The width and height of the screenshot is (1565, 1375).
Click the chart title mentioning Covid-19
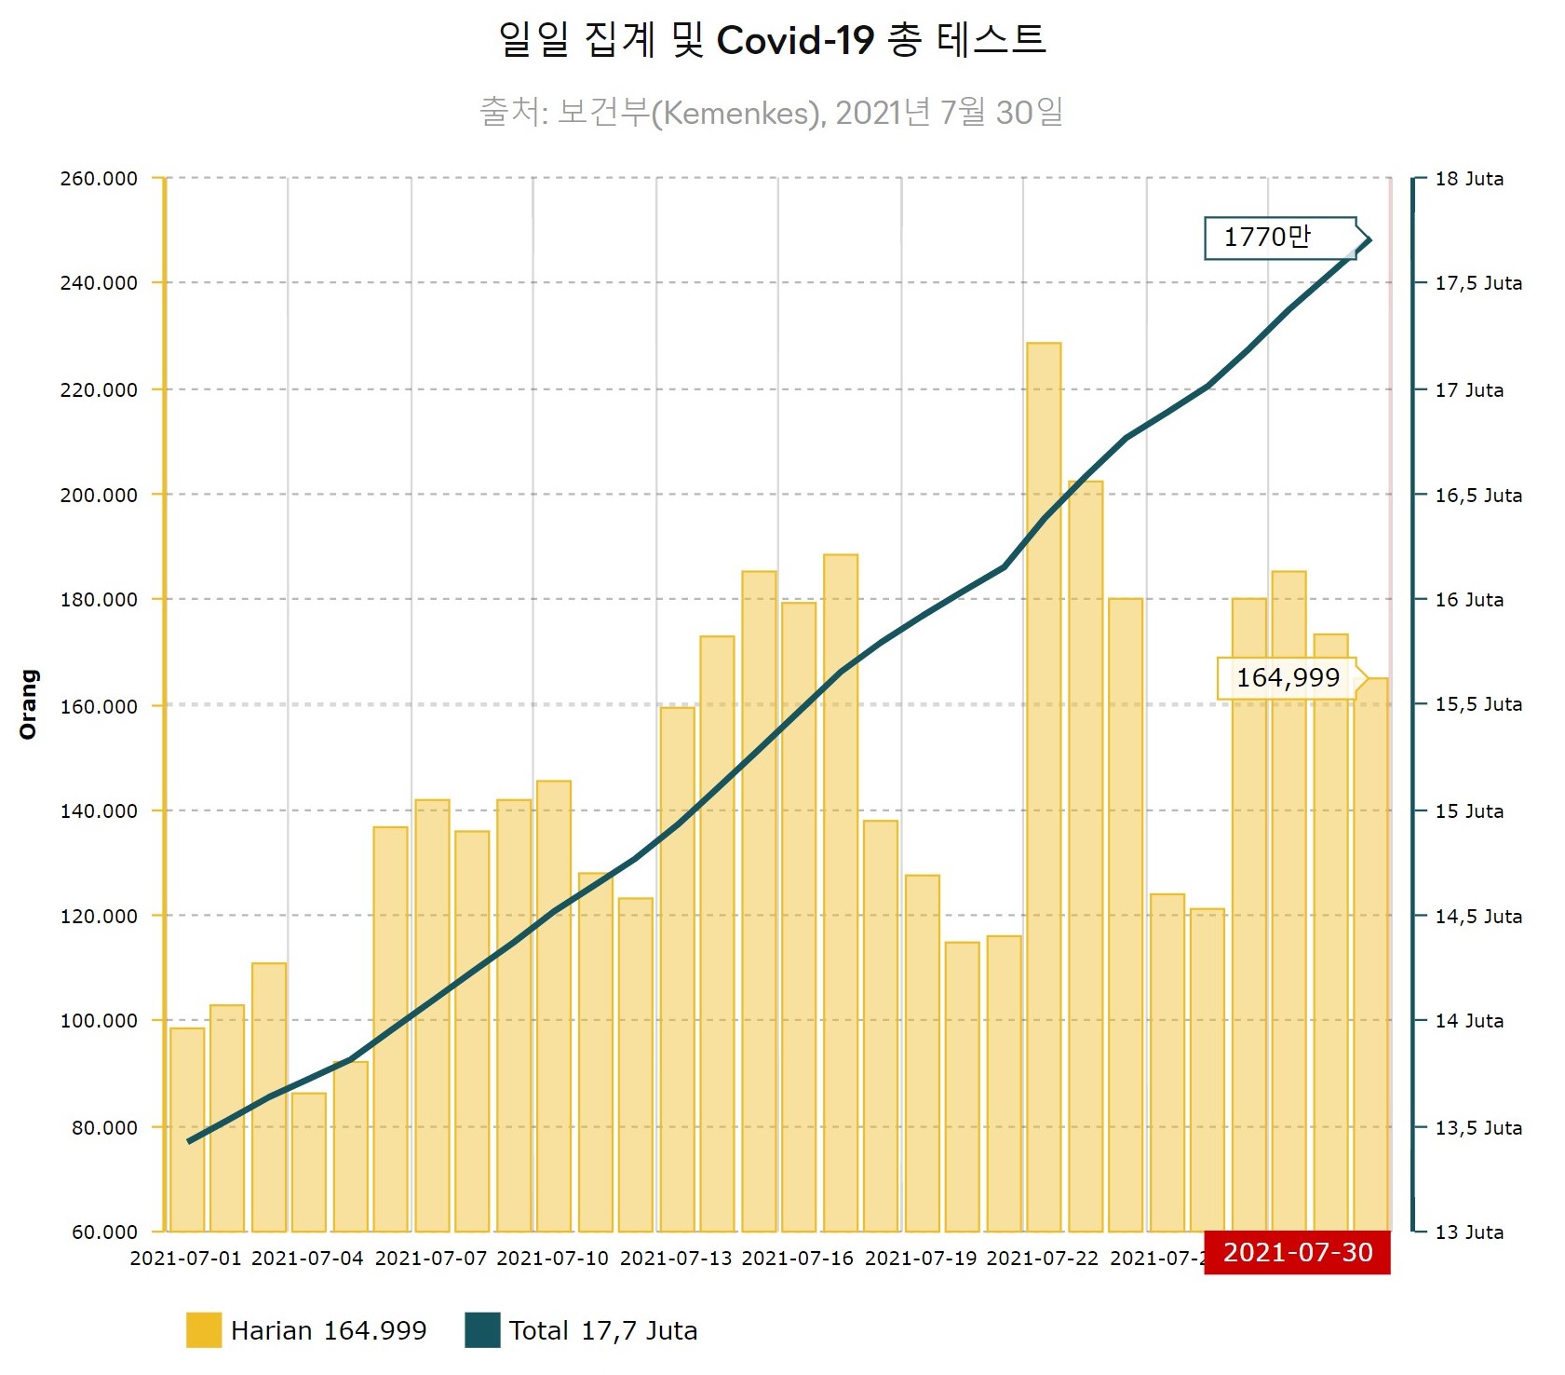coord(773,40)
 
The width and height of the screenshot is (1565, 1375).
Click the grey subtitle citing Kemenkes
coord(771,113)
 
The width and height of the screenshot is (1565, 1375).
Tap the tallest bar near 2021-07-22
coord(1044,787)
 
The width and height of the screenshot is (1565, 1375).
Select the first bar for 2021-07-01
coord(187,1129)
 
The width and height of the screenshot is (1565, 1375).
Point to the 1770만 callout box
coord(1280,238)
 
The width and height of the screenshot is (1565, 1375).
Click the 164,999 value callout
coord(1288,678)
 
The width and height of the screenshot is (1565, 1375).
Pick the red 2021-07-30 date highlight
coord(1297,1252)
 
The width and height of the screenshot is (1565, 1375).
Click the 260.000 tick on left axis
coord(99,179)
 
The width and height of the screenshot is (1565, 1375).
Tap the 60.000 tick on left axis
coord(104,1232)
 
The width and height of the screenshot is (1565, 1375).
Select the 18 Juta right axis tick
coord(1469,179)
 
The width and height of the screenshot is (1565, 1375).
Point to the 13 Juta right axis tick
coord(1469,1232)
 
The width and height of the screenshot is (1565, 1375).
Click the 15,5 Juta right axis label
coord(1478,704)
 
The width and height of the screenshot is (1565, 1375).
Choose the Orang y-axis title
coord(29,704)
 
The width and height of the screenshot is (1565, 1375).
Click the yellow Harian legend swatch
coord(204,1330)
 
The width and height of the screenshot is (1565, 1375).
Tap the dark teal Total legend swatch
coord(482,1330)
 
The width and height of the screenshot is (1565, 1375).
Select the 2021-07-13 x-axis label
coord(676,1259)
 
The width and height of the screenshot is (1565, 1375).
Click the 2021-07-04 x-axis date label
coord(307,1259)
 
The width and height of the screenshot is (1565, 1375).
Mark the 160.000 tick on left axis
coord(99,706)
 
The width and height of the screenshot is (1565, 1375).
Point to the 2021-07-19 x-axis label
coord(921,1259)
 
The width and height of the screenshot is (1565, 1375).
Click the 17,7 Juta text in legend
coord(639,1330)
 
